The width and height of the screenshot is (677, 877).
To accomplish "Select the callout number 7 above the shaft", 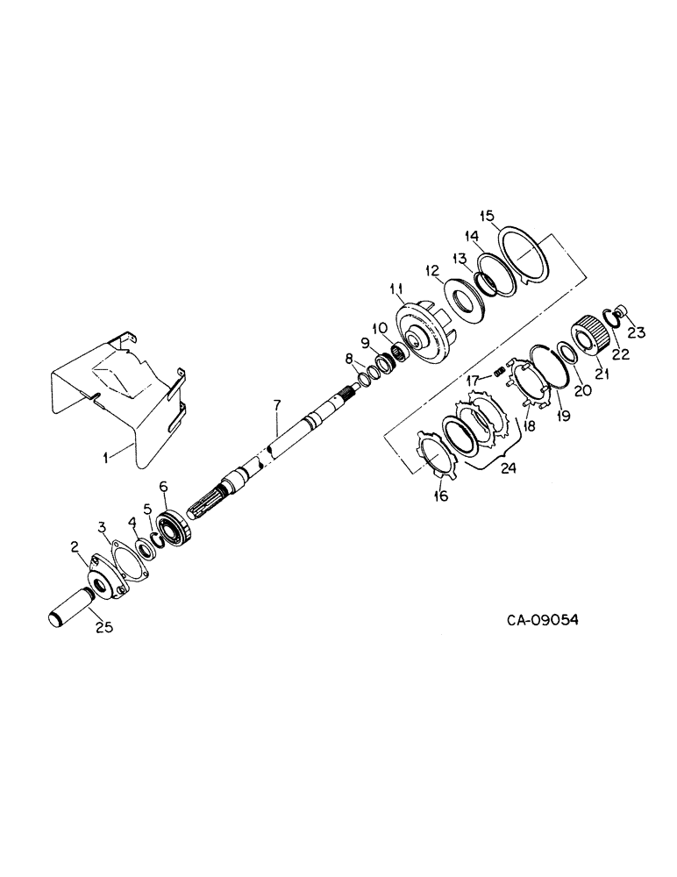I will coord(276,405).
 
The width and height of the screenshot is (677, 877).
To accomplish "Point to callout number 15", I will coord(488,217).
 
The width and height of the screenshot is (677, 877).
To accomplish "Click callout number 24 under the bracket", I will coord(508,468).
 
